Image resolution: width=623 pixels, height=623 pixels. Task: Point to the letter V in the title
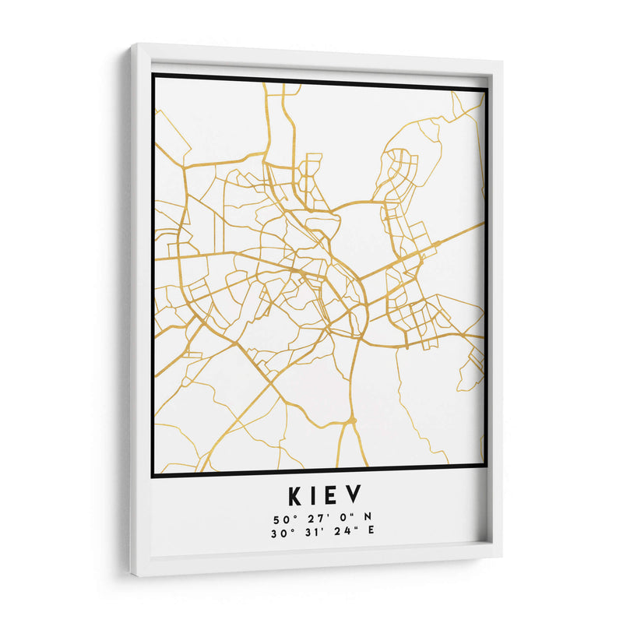[x=353, y=495]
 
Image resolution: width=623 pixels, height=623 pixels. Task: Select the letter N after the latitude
[x=358, y=519]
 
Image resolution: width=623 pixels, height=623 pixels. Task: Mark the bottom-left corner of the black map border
[x=151, y=476]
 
